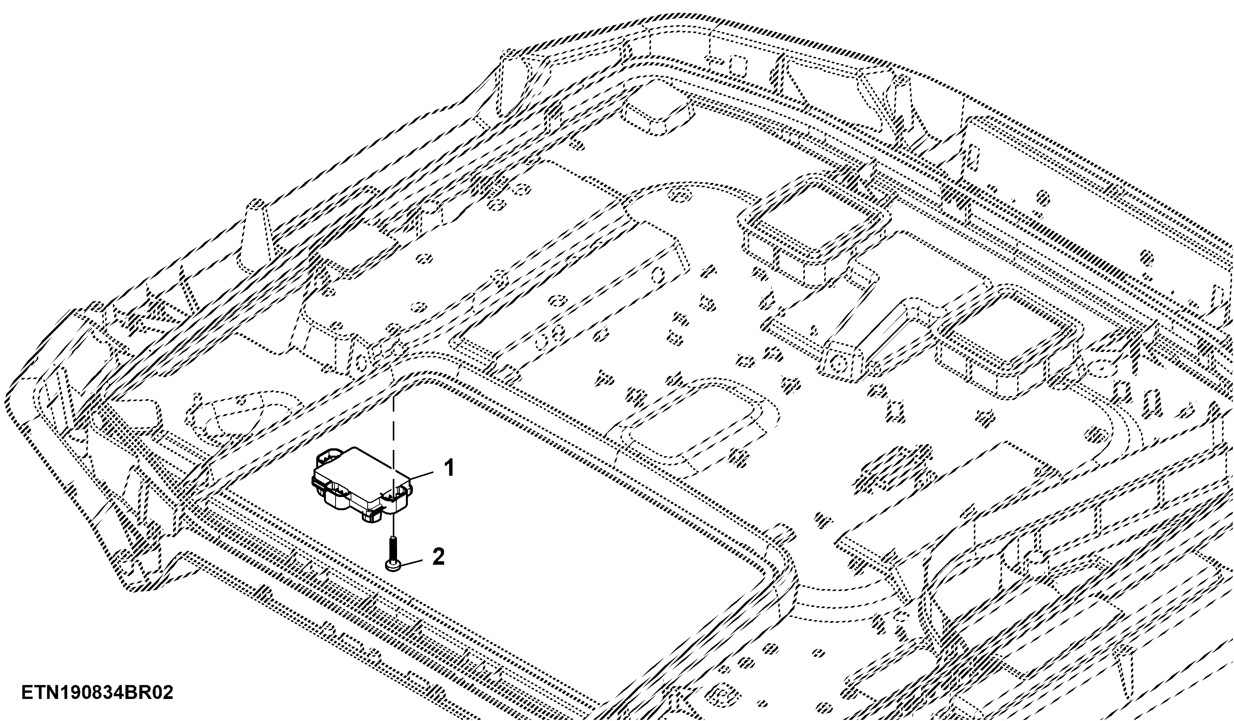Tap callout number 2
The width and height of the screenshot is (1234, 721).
pos(438,557)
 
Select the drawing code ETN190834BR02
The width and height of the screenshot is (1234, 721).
pos(97,693)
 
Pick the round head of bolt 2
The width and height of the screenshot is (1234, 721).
pos(393,566)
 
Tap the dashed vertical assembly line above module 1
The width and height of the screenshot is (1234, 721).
pos(393,421)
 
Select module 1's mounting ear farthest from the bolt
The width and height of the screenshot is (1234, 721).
pos(329,456)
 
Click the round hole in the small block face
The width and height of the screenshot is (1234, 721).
pos(839,364)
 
